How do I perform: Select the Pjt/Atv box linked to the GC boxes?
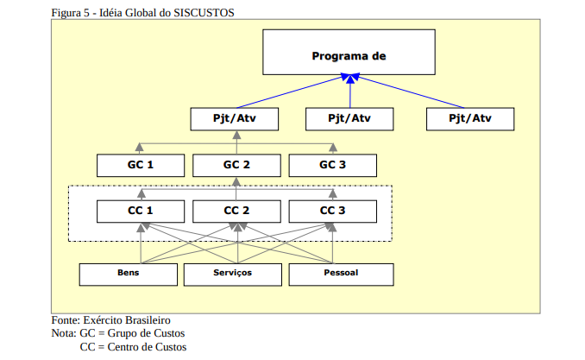click(236, 118)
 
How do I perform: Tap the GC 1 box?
click(140, 164)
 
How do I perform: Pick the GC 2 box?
click(236, 164)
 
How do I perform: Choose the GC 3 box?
click(332, 164)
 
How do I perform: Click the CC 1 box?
click(140, 210)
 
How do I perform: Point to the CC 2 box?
click(236, 210)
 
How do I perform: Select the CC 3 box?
click(332, 210)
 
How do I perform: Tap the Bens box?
click(129, 274)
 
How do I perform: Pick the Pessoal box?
click(341, 274)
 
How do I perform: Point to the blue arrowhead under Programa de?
click(349, 79)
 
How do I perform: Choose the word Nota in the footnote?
click(63, 333)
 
